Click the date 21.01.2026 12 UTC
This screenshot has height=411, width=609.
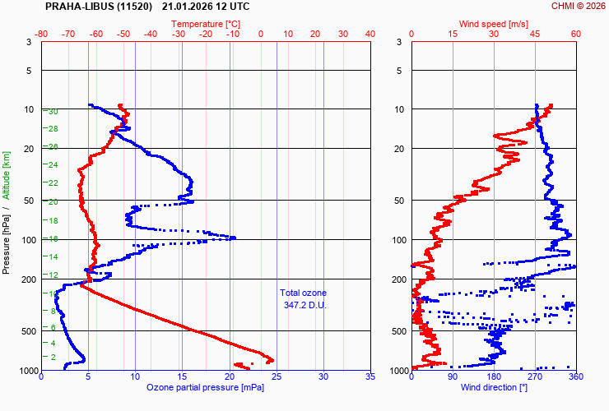click(x=206, y=7)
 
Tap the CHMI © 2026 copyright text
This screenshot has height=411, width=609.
click(x=578, y=7)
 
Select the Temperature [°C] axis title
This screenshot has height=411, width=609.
click(x=207, y=25)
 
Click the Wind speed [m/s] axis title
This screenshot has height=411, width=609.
click(x=494, y=25)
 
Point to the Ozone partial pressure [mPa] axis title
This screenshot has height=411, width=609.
click(x=205, y=387)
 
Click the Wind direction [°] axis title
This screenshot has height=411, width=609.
click(x=494, y=387)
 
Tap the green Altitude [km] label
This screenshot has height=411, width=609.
click(x=7, y=175)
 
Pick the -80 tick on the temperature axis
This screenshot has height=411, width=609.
click(x=42, y=35)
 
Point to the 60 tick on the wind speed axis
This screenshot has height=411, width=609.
click(x=575, y=35)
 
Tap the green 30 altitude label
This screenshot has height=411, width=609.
click(x=53, y=112)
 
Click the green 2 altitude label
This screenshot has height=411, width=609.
click(x=53, y=357)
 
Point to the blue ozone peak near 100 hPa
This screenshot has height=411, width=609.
click(x=234, y=238)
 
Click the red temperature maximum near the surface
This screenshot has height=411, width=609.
click(x=271, y=359)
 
